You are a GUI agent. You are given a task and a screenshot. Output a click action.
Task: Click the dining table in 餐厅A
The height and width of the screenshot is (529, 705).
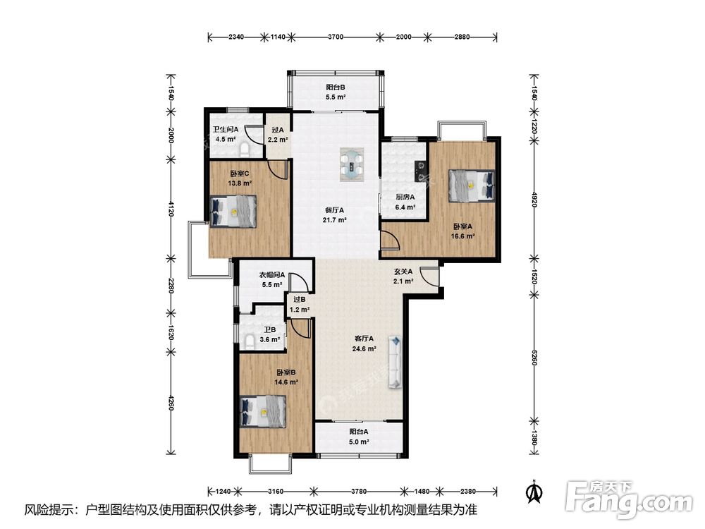pyautogui.click(x=352, y=164)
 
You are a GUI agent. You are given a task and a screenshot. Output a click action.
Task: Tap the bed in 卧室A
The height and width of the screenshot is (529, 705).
pyautogui.click(x=471, y=185)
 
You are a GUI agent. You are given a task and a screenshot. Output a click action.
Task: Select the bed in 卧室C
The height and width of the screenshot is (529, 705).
pyautogui.click(x=233, y=211)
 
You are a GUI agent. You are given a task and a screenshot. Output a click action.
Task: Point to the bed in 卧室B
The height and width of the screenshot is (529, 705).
pyautogui.click(x=263, y=411)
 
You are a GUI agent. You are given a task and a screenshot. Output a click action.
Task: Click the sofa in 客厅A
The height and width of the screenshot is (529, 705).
pyautogui.click(x=396, y=361)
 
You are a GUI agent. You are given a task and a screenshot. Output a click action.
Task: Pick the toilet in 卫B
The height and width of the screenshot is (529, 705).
pyautogui.click(x=250, y=341)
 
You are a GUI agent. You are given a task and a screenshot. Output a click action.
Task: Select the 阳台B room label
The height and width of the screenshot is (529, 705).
pyautogui.click(x=336, y=87)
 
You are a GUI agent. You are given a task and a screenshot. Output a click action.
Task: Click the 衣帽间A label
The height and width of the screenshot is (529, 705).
pyautogui.click(x=272, y=275)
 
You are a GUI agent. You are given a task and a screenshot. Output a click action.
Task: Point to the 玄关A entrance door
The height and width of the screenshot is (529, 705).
pyautogui.click(x=429, y=276)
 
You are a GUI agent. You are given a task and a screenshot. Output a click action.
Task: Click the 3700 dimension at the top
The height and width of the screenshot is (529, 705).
pyautogui.click(x=336, y=37)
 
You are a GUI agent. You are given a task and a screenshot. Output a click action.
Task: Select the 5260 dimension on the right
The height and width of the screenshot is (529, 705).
pyautogui.click(x=534, y=357)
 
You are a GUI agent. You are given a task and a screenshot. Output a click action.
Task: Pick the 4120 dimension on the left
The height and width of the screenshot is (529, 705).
pyautogui.click(x=171, y=208)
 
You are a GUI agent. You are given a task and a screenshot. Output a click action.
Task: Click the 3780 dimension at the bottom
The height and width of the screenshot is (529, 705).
pyautogui.click(x=359, y=491)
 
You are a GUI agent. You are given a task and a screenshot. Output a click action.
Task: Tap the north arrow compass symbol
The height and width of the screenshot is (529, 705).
pyautogui.click(x=535, y=492)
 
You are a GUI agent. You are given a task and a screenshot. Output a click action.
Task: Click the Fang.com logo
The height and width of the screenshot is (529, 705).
pyautogui.click(x=629, y=499)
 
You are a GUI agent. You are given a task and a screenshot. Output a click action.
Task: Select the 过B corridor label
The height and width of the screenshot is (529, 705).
pyautogui.click(x=300, y=300)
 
